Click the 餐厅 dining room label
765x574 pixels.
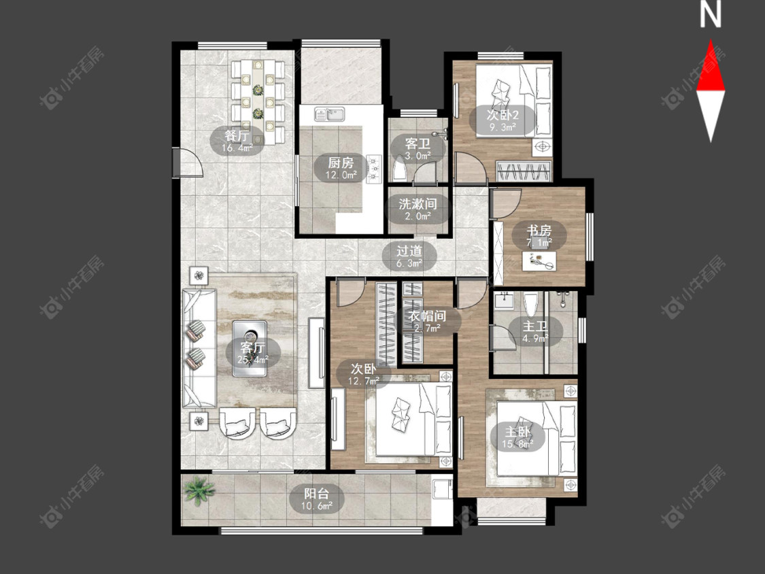pyautogui.click(x=237, y=135)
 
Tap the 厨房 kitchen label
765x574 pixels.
pyautogui.click(x=341, y=163)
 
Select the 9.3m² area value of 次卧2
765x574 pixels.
pyautogui.click(x=502, y=127)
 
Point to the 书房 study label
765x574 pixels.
pyautogui.click(x=539, y=230)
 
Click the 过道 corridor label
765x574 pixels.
pyautogui.click(x=409, y=251)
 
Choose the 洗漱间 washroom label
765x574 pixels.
pyautogui.click(x=418, y=203)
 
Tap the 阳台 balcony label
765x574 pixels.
pyautogui.click(x=316, y=494)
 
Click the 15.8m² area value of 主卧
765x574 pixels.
pyautogui.click(x=517, y=444)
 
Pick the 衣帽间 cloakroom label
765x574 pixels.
pyautogui.click(x=427, y=316)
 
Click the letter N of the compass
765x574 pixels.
pyautogui.click(x=711, y=14)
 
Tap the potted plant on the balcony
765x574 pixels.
pyautogui.click(x=199, y=490)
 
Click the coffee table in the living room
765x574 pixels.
pyautogui.click(x=250, y=348)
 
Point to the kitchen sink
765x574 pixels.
pyautogui.click(x=330, y=114)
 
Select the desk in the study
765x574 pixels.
pyautogui.click(x=539, y=260)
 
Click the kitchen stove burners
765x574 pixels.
pyautogui.click(x=374, y=169)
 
